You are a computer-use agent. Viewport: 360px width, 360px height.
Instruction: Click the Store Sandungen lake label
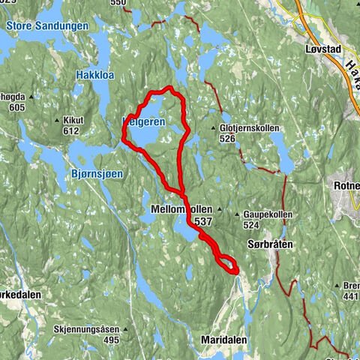[46, 25]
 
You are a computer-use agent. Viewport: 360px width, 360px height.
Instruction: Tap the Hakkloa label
[94, 75]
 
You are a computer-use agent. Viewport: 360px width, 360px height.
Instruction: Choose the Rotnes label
[346, 184]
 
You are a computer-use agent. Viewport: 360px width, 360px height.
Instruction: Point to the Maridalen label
[223, 340]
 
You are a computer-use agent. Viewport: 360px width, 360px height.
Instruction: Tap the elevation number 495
[112, 340]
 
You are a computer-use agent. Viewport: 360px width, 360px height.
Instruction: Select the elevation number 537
[203, 222]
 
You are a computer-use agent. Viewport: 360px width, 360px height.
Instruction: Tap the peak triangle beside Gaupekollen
[238, 214]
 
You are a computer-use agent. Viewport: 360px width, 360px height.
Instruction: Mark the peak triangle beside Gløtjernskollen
[215, 128]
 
